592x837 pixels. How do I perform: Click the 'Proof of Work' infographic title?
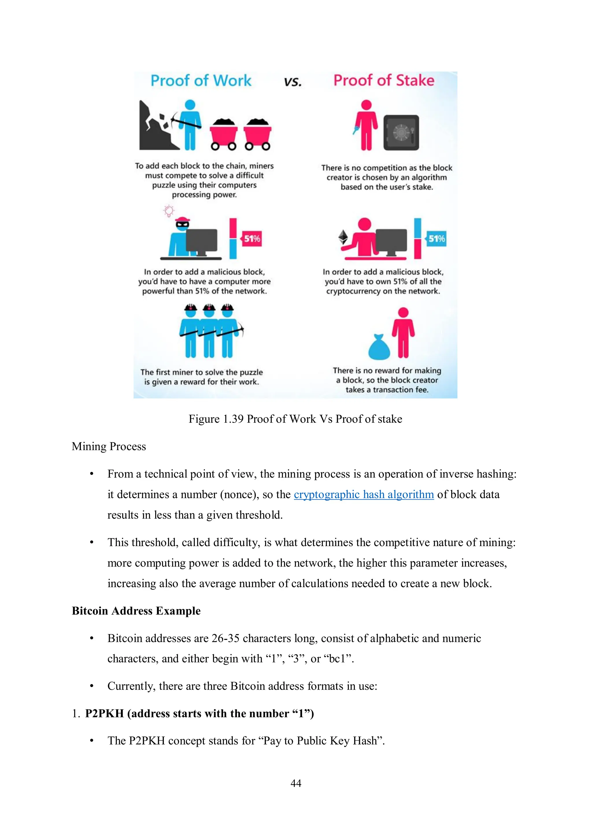(201, 81)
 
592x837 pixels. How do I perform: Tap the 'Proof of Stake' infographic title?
(384, 81)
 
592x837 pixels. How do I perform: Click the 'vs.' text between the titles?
(293, 82)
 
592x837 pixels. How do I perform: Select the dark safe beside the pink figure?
(401, 133)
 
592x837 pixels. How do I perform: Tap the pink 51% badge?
(252, 239)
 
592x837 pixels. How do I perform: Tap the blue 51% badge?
(436, 239)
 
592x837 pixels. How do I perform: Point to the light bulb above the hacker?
(169, 211)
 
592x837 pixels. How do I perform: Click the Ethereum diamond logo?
(343, 237)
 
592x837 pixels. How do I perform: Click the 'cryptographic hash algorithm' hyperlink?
(364, 494)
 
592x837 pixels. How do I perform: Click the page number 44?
(296, 783)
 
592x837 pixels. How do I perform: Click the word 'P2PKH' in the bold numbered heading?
(104, 713)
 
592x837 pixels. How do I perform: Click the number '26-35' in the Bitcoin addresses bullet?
(225, 638)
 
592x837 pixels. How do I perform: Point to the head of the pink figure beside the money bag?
(403, 313)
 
